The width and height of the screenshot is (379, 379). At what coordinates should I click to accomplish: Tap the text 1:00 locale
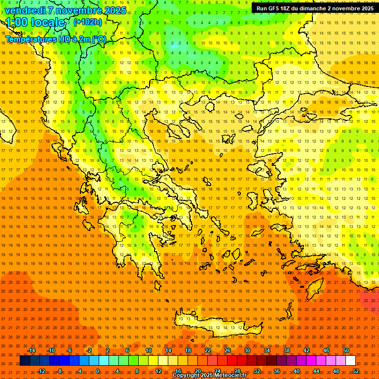36,22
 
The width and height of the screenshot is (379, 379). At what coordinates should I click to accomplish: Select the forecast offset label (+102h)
88,22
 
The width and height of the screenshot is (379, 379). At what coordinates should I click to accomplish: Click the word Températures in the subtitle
29,39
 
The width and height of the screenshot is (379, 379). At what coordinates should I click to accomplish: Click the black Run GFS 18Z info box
314,8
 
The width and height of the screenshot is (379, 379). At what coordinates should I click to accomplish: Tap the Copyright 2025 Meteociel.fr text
210,376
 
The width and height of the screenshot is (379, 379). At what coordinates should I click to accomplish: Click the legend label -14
31,350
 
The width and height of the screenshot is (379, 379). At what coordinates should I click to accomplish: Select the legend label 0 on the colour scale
98,371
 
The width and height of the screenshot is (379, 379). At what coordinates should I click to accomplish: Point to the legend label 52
356,371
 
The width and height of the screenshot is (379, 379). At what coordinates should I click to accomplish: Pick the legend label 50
346,350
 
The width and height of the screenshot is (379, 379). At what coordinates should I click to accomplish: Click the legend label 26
227,350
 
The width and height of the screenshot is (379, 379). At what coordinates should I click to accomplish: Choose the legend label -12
41,371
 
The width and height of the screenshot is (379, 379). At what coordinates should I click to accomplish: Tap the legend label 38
287,350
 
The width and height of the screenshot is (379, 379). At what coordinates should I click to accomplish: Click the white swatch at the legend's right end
350,361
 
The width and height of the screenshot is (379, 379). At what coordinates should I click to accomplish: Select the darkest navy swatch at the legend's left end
25,361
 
